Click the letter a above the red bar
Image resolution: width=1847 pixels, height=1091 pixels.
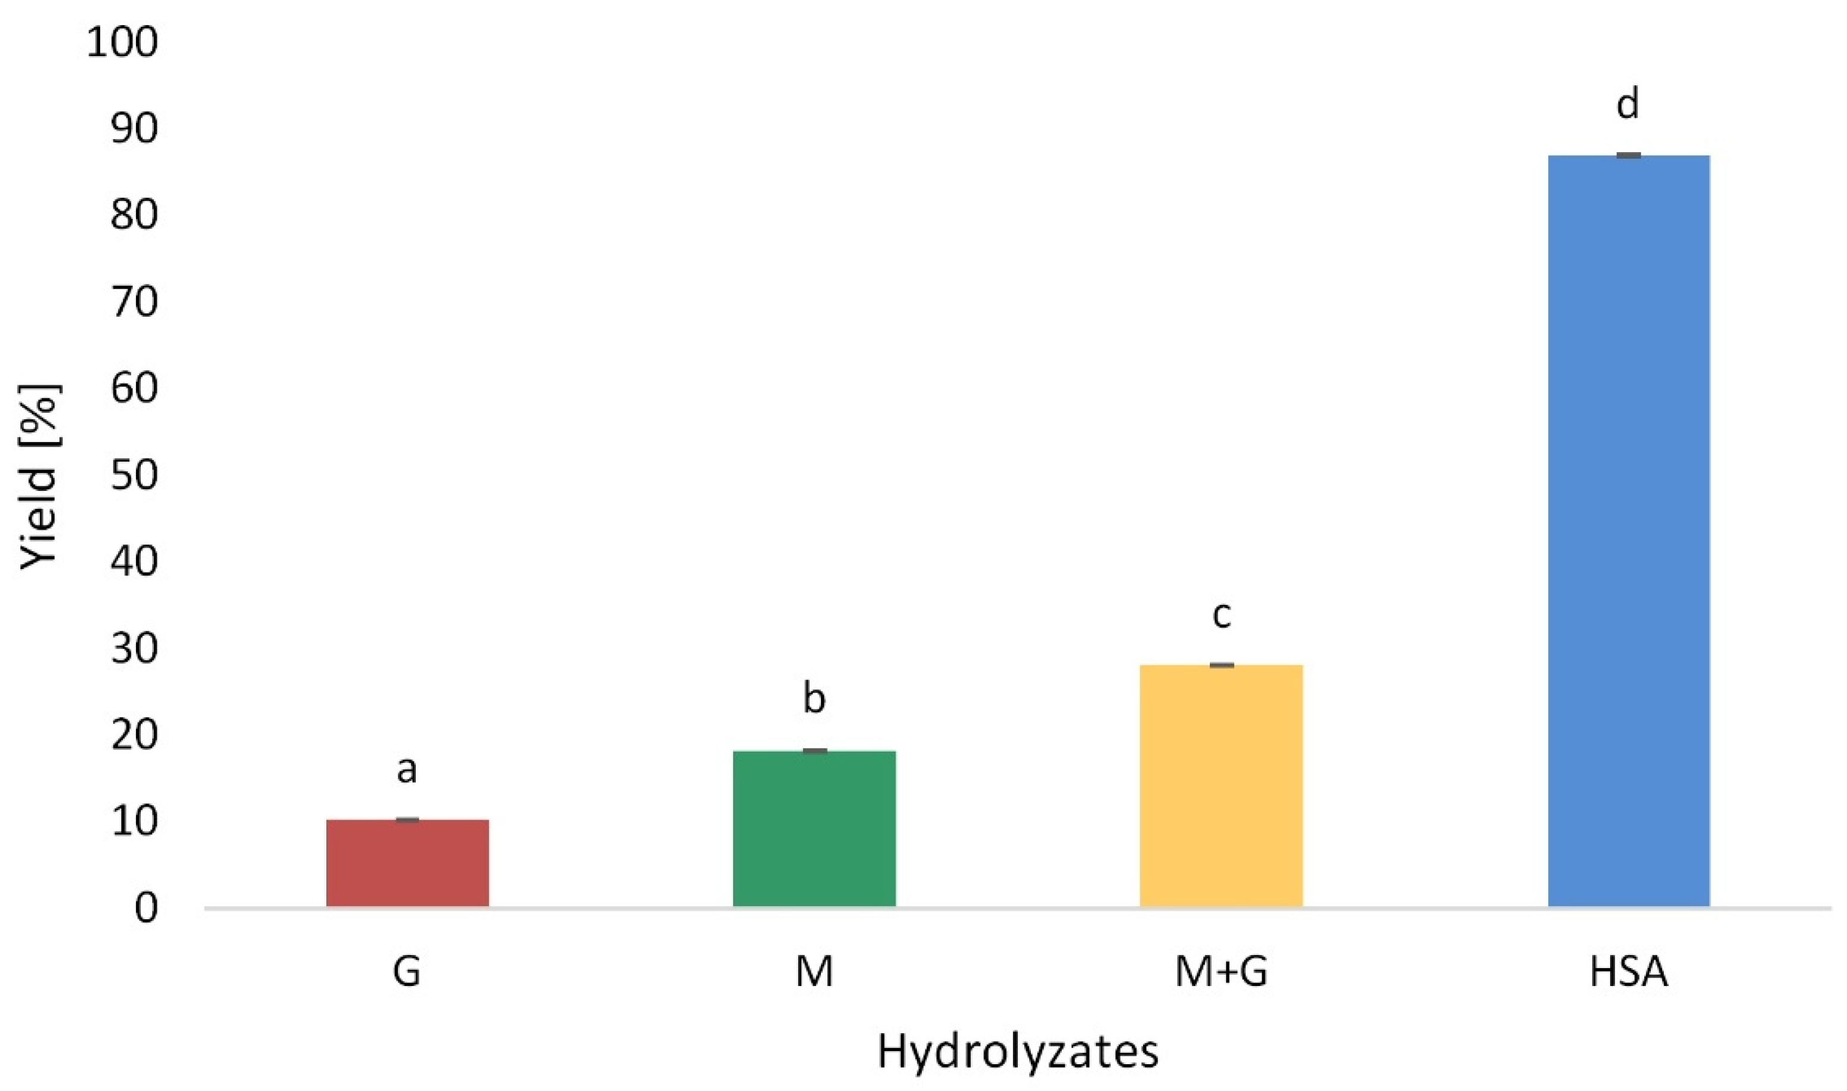point(407,769)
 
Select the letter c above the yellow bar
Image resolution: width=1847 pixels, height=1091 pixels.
point(1221,614)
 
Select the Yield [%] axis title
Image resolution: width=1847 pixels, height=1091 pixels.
point(38,477)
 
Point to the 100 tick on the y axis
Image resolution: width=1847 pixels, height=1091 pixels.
point(122,42)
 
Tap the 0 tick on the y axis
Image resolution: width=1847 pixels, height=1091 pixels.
point(146,908)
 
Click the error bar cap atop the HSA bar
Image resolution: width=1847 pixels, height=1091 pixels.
point(1629,155)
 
